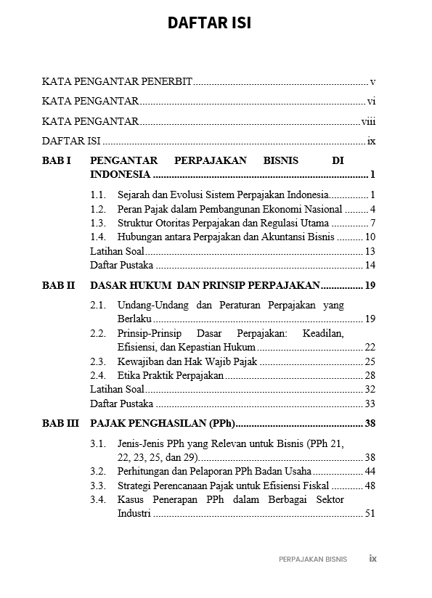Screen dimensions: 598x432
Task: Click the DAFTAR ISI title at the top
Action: click(x=209, y=22)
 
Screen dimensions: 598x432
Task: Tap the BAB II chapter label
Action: click(x=58, y=285)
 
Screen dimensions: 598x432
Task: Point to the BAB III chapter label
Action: click(x=60, y=423)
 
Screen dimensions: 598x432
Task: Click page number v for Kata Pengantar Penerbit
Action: click(x=372, y=82)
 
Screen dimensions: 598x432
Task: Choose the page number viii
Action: click(x=368, y=121)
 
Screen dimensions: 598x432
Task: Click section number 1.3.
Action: click(x=98, y=223)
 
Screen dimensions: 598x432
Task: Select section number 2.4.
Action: click(x=98, y=375)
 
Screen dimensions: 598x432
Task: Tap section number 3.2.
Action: click(x=98, y=471)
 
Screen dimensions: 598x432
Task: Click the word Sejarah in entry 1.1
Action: click(x=134, y=194)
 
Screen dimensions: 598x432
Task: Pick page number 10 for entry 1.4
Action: click(x=370, y=237)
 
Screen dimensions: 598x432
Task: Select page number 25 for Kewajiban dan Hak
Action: click(x=370, y=361)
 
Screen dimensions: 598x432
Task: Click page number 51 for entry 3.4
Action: click(x=370, y=514)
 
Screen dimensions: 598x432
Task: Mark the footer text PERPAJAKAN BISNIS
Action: click(x=313, y=560)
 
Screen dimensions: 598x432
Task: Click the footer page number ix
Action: click(x=372, y=559)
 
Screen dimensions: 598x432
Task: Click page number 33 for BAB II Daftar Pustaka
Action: click(x=370, y=404)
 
